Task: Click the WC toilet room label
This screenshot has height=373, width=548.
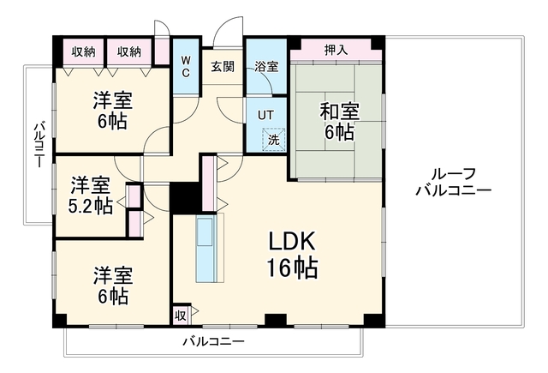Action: click(186, 67)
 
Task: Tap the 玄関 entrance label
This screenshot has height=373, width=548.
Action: click(223, 67)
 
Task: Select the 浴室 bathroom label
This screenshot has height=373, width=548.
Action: click(266, 67)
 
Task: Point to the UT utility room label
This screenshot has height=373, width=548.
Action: click(265, 115)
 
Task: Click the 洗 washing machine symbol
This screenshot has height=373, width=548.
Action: click(274, 140)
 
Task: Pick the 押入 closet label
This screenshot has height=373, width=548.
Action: click(336, 50)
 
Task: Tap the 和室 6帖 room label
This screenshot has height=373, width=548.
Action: click(339, 122)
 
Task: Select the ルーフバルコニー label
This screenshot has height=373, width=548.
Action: click(453, 182)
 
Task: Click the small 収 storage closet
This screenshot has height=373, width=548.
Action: click(181, 316)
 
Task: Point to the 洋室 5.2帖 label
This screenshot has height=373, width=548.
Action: click(91, 196)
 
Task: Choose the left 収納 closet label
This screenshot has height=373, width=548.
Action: click(84, 52)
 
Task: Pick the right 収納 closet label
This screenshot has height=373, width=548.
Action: click(129, 52)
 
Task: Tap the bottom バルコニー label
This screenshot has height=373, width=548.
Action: click(214, 341)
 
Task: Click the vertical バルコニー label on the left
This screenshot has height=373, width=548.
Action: click(39, 144)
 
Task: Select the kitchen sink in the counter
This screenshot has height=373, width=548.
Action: click(205, 232)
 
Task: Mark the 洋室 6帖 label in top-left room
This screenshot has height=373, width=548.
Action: click(112, 111)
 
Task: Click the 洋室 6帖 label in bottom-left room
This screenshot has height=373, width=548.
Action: click(112, 286)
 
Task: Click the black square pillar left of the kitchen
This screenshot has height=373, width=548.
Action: click(185, 198)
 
